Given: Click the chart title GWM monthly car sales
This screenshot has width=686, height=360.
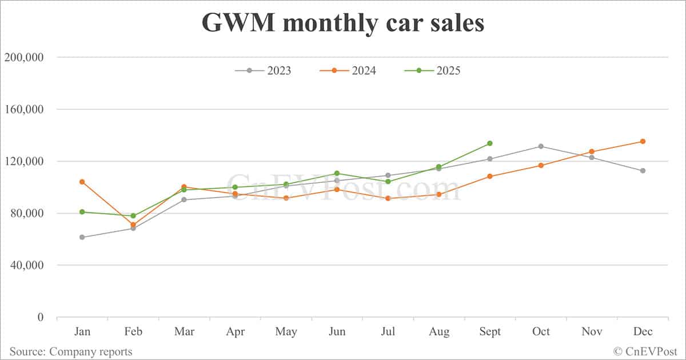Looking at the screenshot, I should (x=342, y=23).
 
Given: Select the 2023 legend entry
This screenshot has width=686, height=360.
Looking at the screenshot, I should (x=263, y=71).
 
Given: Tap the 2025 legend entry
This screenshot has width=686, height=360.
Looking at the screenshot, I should (x=432, y=71).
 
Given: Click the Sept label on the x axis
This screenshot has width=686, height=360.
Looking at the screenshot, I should (x=490, y=332).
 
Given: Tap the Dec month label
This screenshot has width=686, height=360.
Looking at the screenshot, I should (x=643, y=332).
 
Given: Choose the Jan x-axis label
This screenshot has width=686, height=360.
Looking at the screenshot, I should (x=82, y=332).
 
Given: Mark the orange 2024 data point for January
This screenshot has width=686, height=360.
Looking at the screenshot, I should (x=82, y=182).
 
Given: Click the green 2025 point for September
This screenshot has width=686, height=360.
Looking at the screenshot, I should (x=490, y=143).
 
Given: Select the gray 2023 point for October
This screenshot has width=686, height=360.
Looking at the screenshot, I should (x=541, y=146).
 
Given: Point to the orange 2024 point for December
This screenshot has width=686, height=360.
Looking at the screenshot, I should (x=643, y=141).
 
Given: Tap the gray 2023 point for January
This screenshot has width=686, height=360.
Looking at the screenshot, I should (x=82, y=237).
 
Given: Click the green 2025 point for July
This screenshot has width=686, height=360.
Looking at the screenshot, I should (x=388, y=182).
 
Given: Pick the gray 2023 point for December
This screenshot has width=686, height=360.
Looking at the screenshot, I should (x=643, y=170).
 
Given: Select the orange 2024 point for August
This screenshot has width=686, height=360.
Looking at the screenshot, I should (x=439, y=194).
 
